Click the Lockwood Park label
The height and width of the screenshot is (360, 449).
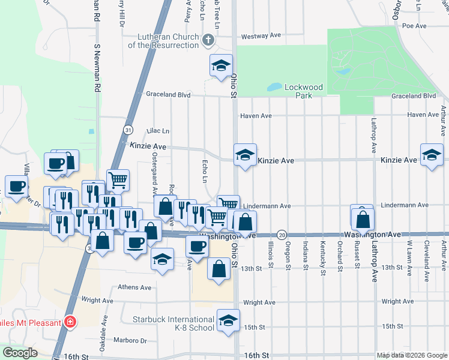click(303, 91)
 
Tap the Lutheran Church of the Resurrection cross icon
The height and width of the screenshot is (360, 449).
click(208, 41)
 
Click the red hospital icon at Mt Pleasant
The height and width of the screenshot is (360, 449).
click(71, 323)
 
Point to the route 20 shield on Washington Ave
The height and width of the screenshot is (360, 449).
click(282, 235)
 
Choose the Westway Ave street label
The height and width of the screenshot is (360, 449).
click(261, 36)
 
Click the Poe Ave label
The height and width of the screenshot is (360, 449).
click(414, 26)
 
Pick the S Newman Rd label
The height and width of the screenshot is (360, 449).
click(96, 66)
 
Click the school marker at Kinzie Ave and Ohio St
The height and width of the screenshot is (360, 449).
click(245, 155)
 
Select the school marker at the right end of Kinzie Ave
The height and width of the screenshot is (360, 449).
click(432, 155)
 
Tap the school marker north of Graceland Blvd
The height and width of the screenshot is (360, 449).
click(221, 65)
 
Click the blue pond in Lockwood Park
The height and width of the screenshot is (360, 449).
click(274, 87)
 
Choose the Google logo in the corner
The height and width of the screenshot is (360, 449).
click(20, 353)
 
